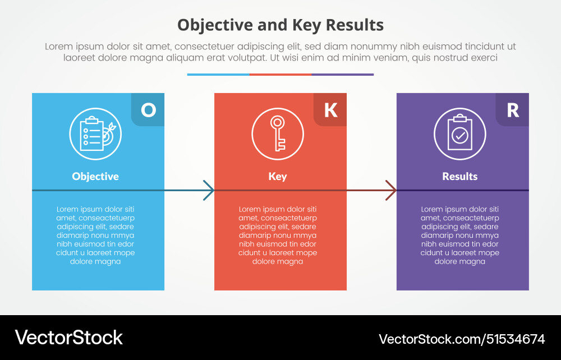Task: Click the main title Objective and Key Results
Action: (280, 25)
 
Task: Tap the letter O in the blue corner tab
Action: (148, 109)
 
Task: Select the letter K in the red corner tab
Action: (330, 109)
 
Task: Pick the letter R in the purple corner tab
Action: (513, 109)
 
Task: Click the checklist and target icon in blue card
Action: (95, 133)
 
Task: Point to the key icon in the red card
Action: (278, 133)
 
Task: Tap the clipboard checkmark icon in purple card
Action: (460, 133)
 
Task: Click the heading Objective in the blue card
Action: (95, 176)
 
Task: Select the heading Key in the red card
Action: (278, 176)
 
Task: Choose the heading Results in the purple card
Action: (460, 176)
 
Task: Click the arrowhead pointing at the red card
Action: (209, 190)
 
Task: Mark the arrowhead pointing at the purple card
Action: (391, 190)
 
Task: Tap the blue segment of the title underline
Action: (218, 74)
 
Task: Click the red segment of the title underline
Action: (280, 74)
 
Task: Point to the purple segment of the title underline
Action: (343, 74)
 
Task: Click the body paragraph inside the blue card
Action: (95, 235)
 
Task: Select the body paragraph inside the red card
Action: (278, 235)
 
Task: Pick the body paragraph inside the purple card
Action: (460, 235)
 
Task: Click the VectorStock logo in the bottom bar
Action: (68, 338)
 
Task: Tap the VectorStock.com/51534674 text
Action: (462, 339)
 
